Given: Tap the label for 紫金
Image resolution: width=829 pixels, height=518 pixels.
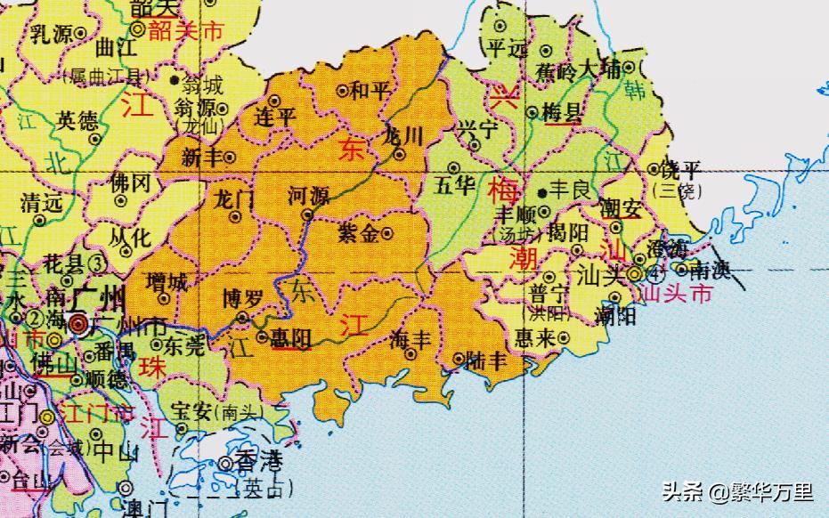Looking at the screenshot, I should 358,233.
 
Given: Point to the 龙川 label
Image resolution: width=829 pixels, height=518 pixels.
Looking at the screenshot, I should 399,137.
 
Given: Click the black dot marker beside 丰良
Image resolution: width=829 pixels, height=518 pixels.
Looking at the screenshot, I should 541,191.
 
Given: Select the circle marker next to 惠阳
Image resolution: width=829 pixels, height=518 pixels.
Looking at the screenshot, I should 262,336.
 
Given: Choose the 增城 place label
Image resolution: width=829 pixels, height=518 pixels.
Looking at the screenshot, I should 167,284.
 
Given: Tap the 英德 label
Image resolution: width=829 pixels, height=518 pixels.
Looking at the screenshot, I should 77,120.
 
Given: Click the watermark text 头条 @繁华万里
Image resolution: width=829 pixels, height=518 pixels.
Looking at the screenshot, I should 736,491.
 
